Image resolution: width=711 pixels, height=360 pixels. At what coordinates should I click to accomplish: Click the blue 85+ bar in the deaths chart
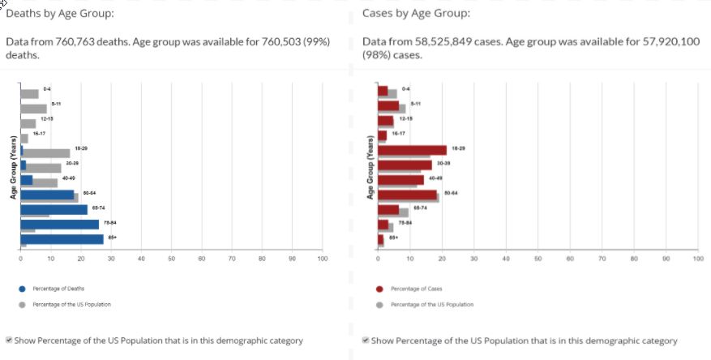point(62,238)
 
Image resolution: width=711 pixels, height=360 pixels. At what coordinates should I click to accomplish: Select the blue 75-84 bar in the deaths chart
point(59,224)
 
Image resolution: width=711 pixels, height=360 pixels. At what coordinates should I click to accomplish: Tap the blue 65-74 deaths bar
point(54,209)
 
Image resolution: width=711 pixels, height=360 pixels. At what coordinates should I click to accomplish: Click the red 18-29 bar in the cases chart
point(412,149)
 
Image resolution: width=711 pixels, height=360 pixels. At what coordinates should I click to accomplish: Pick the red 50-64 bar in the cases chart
point(407,194)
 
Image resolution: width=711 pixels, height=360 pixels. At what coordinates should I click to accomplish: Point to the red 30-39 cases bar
point(405,165)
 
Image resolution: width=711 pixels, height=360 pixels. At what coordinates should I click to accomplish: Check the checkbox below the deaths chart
point(9,341)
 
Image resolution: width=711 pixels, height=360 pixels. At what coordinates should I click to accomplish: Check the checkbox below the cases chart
point(366,341)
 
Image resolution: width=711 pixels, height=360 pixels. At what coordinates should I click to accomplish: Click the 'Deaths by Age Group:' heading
point(60,14)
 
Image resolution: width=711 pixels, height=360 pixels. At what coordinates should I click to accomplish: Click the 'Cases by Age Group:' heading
point(416,14)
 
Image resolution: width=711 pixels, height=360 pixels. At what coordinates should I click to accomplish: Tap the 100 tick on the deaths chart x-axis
point(322,259)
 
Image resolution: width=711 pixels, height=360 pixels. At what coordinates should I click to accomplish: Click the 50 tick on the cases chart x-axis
point(538,259)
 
